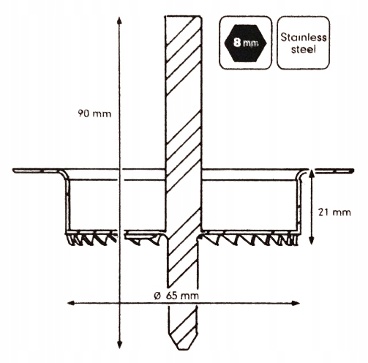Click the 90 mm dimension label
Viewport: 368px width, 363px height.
coord(94,113)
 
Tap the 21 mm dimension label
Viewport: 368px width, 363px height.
coord(334,212)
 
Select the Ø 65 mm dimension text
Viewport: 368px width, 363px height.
coord(176,296)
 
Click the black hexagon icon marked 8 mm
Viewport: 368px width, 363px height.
coord(245,43)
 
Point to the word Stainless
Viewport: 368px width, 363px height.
coord(304,37)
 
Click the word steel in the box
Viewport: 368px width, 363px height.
coord(304,49)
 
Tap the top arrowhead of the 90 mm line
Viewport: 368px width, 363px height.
coord(119,20)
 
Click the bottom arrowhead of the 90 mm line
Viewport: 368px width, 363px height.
coord(119,345)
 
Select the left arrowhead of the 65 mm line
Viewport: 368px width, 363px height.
coord(71,303)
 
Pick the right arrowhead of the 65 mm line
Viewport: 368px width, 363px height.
coord(296,303)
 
